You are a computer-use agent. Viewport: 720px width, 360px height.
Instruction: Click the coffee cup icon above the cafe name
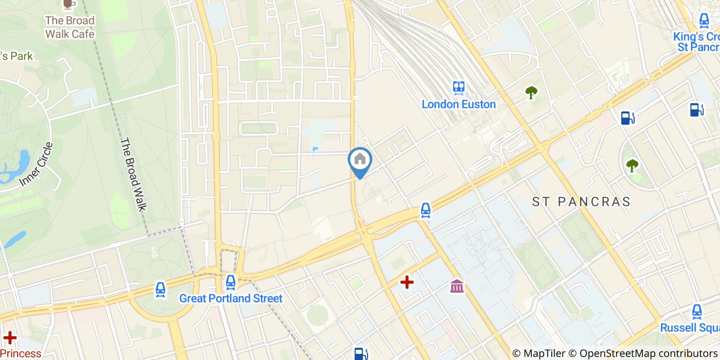[68, 4]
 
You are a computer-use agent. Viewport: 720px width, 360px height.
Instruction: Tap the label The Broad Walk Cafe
[70, 27]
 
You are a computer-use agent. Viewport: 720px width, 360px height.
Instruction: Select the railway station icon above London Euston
[459, 88]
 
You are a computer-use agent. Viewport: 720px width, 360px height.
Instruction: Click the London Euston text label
[459, 104]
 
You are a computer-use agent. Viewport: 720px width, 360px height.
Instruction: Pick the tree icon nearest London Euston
[531, 93]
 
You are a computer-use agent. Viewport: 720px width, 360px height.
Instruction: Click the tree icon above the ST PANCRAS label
[632, 166]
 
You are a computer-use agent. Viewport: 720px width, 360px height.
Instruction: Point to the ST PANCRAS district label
[581, 202]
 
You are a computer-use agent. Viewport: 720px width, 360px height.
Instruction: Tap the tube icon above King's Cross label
[704, 21]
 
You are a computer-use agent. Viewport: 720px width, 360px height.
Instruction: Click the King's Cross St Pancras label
[697, 42]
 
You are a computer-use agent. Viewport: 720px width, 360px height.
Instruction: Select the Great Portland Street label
[231, 298]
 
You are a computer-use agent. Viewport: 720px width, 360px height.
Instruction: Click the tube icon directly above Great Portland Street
[230, 282]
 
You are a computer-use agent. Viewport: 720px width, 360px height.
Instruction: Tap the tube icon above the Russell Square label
[697, 311]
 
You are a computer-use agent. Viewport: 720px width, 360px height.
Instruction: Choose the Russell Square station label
[690, 328]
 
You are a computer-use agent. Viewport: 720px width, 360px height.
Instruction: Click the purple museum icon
[457, 286]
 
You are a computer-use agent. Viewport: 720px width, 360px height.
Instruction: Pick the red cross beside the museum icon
[407, 282]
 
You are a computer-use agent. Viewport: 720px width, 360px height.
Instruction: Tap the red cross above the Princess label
[10, 338]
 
